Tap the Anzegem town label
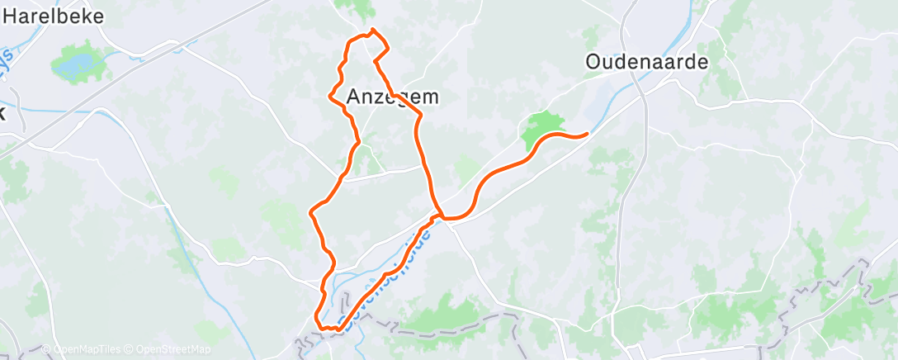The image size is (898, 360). [392, 96]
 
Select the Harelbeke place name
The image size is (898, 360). [57, 17]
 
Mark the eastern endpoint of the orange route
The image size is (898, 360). [588, 133]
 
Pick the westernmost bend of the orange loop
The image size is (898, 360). [311, 212]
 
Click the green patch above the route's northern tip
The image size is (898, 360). [356, 9]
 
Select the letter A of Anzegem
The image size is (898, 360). [354, 96]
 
